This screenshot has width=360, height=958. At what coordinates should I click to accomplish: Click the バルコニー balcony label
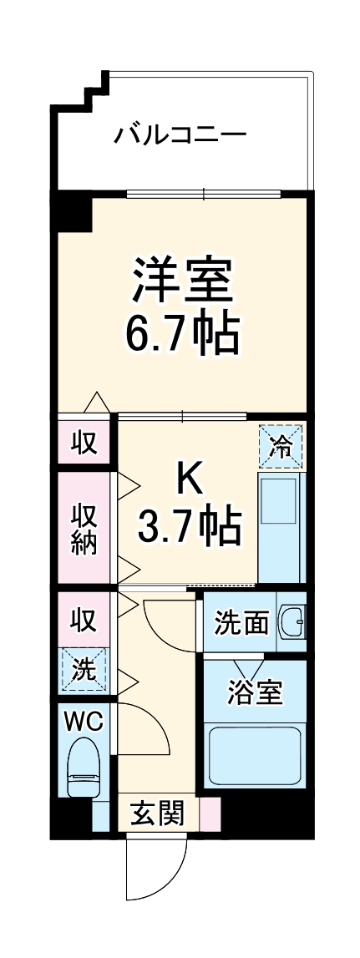click(x=180, y=134)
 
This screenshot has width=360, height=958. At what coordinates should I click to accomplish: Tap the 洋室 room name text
click(x=180, y=282)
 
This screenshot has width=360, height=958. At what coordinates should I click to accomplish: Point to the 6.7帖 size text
click(x=182, y=334)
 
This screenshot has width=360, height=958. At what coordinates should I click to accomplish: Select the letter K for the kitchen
click(x=189, y=478)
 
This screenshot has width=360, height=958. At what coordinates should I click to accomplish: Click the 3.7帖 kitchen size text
click(x=189, y=527)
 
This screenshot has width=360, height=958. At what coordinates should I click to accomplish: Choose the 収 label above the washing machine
click(x=84, y=620)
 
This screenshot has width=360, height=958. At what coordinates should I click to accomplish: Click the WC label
click(x=83, y=722)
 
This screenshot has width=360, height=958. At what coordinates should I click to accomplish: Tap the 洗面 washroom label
click(x=241, y=622)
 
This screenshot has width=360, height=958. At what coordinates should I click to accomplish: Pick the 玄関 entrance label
click(x=157, y=813)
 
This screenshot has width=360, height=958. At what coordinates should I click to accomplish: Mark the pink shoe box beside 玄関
click(x=210, y=813)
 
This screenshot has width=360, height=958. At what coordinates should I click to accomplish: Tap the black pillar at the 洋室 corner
click(x=74, y=212)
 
